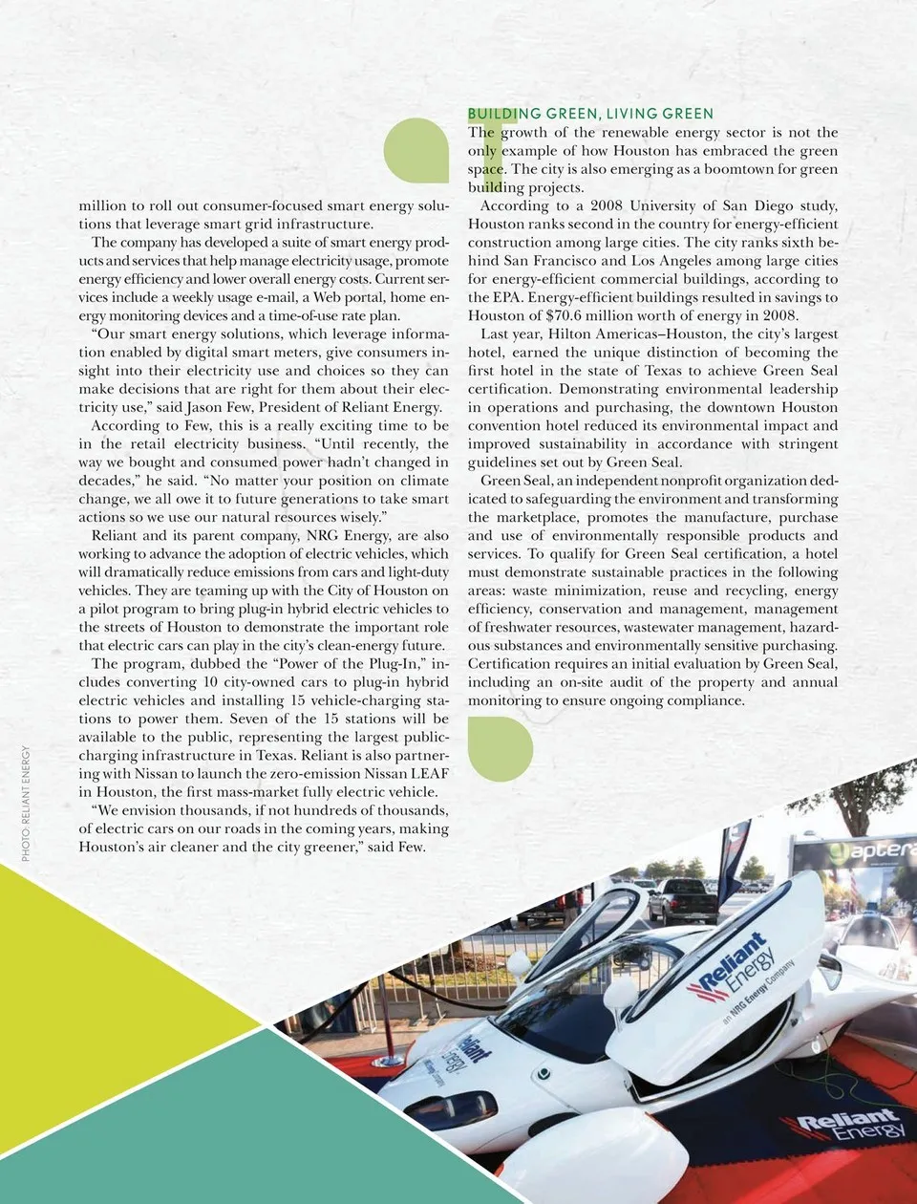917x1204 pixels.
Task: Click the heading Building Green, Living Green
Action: point(590,114)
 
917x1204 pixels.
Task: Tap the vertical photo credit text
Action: point(26,803)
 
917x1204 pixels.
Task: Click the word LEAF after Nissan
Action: point(428,773)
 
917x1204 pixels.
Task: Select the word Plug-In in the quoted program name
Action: point(397,664)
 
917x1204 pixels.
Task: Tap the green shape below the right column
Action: point(501,748)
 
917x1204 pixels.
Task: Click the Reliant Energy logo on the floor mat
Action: point(845,1127)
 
